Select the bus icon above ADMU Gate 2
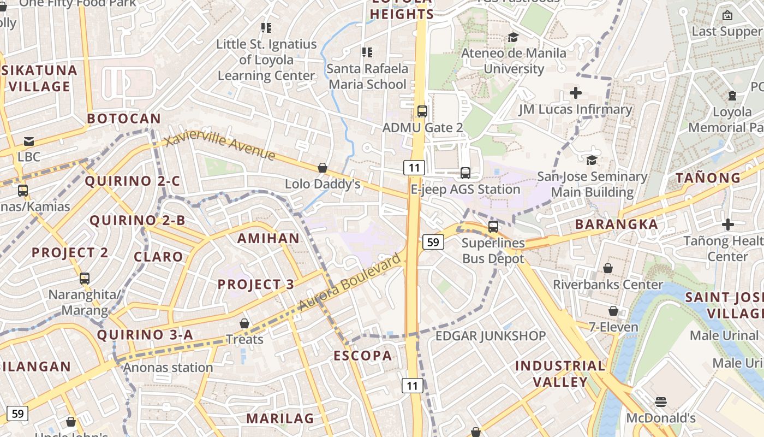(x=422, y=111)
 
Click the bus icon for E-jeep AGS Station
(x=465, y=173)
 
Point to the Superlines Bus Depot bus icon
(x=493, y=226)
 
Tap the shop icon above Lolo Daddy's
(x=323, y=168)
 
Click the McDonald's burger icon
(x=661, y=403)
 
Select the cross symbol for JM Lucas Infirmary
(x=575, y=93)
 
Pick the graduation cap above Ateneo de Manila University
(x=513, y=37)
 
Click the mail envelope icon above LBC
(x=29, y=141)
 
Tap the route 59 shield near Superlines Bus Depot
(x=433, y=241)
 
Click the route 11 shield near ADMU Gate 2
(x=414, y=167)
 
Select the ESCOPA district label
(x=363, y=356)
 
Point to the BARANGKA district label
(x=616, y=225)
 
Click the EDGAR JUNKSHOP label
(x=490, y=336)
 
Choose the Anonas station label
(x=168, y=368)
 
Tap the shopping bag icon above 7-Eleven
(x=613, y=311)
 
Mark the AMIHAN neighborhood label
(x=268, y=238)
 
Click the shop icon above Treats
(x=244, y=323)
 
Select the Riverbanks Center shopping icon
(x=607, y=268)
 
